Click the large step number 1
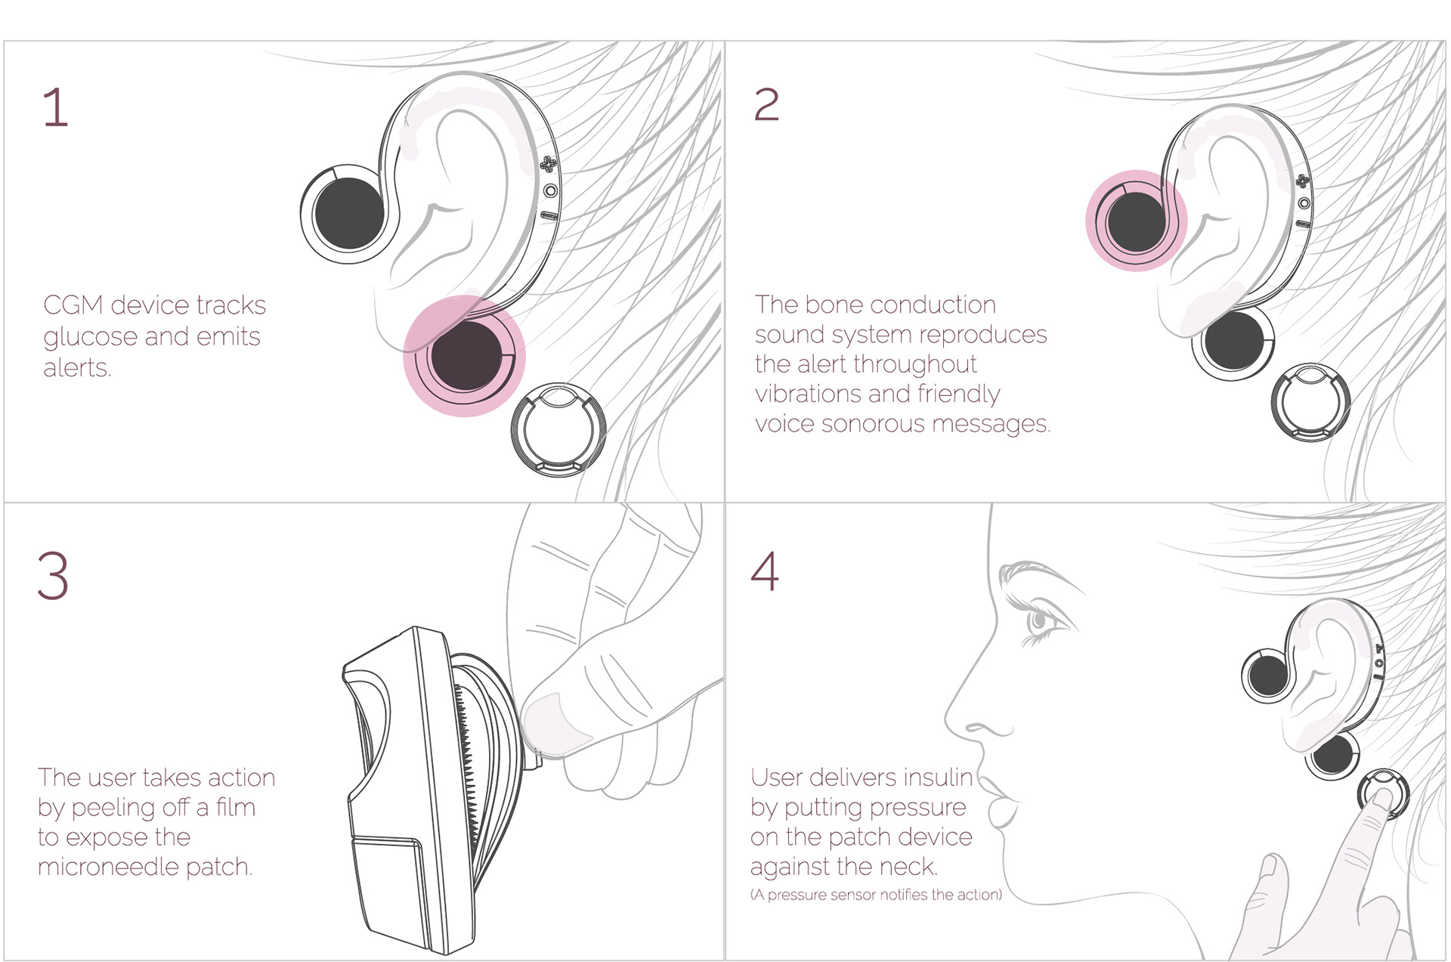[55, 107]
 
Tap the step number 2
[766, 104]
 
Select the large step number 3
[53, 576]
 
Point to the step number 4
[765, 571]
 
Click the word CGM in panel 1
[73, 305]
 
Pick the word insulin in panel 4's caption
[936, 778]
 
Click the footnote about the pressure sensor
[876, 895]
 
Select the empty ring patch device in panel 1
[558, 429]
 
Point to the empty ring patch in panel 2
[1310, 402]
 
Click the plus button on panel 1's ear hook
[548, 164]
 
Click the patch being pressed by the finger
[1382, 793]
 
